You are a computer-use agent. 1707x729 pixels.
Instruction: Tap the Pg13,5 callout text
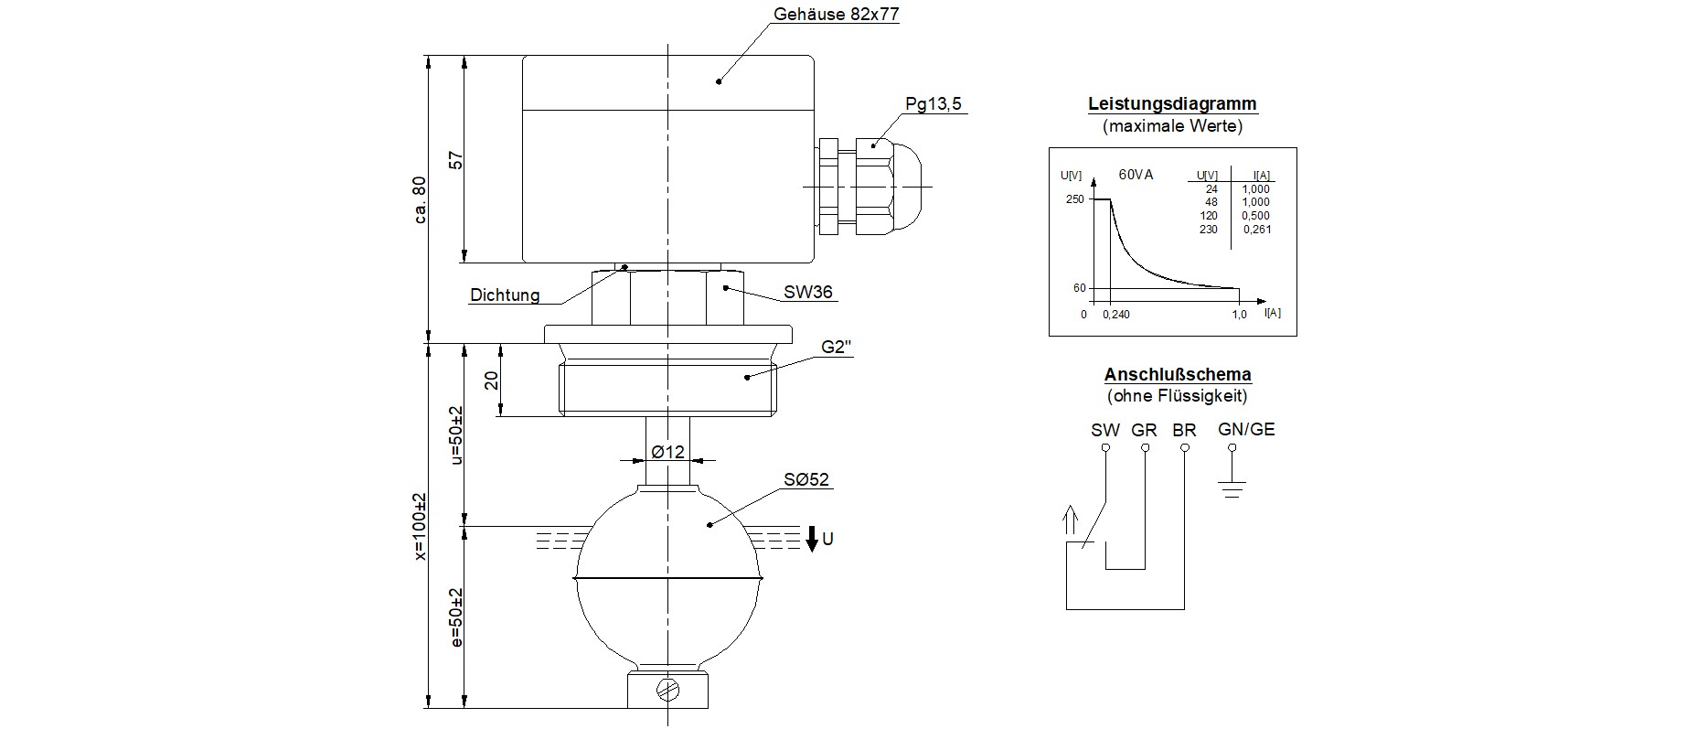(x=933, y=103)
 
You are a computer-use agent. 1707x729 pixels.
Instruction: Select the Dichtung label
(x=505, y=295)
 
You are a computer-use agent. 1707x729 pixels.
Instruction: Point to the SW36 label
(x=807, y=293)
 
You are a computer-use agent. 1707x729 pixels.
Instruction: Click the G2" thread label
(x=837, y=348)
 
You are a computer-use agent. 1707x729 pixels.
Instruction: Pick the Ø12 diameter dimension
(x=667, y=452)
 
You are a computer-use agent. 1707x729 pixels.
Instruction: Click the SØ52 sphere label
(x=805, y=479)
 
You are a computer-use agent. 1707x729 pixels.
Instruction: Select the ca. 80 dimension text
(x=420, y=199)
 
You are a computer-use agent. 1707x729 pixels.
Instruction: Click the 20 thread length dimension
(x=492, y=380)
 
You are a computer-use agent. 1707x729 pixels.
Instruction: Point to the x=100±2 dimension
(x=420, y=526)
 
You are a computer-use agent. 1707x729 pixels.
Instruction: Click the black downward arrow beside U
(x=811, y=539)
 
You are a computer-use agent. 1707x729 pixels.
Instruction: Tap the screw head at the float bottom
(x=667, y=690)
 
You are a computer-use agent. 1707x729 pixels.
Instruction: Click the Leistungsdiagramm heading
(x=1172, y=103)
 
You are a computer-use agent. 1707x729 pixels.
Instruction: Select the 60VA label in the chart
(x=1136, y=174)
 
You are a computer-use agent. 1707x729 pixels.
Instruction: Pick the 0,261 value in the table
(x=1256, y=230)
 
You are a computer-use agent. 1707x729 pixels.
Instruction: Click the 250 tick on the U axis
(x=1074, y=199)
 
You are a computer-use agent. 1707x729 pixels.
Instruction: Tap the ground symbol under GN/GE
(x=1232, y=488)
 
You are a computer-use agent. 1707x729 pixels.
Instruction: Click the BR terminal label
(x=1184, y=430)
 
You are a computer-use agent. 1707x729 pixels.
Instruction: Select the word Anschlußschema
(x=1177, y=374)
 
